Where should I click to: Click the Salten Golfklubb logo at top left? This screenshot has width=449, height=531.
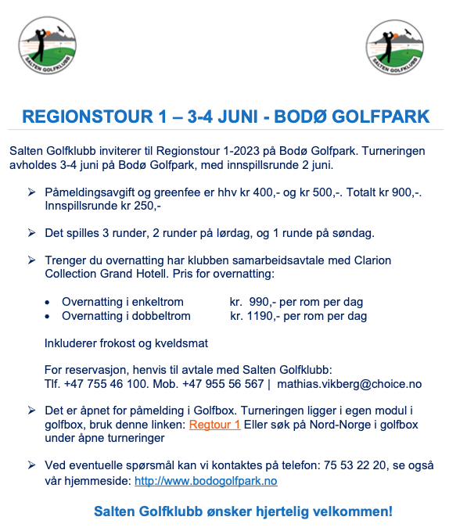48,45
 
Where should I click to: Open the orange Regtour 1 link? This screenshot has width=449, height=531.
214,425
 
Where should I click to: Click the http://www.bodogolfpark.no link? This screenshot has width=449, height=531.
206,481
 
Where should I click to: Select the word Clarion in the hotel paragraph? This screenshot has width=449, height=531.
370,260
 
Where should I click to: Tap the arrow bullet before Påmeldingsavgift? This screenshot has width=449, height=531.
31,192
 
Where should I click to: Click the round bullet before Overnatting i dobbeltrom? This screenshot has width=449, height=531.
48,316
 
